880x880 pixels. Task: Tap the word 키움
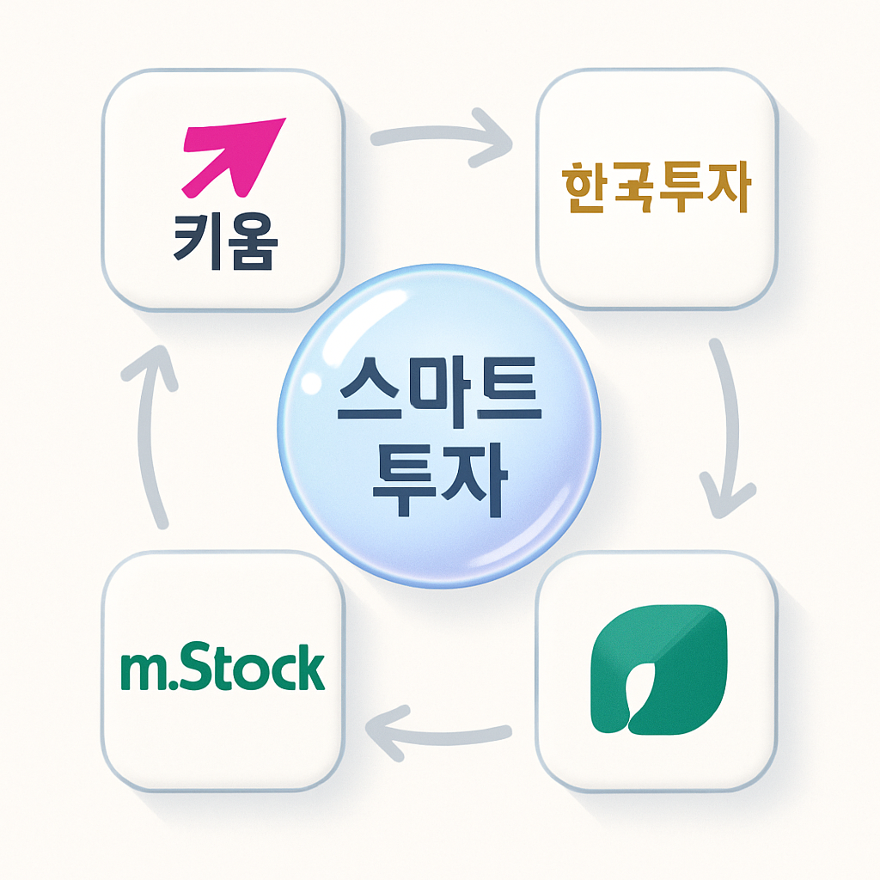(x=225, y=243)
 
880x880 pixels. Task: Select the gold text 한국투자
(x=656, y=189)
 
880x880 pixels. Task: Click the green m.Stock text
(x=223, y=669)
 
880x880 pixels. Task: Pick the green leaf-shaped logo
(x=659, y=670)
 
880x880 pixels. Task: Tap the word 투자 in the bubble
(x=438, y=483)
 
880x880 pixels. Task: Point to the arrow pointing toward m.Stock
(x=438, y=731)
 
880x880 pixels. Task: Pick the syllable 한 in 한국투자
(x=584, y=189)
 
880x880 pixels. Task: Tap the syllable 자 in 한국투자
(x=729, y=189)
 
